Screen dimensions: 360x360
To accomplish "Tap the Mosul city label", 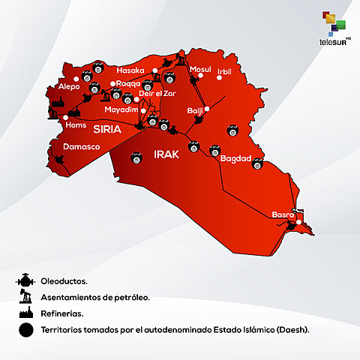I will pyautogui.click(x=201, y=70).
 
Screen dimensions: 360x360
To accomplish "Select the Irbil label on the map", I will pyautogui.click(x=224, y=72).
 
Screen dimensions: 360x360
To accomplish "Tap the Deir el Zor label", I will pyautogui.click(x=153, y=94).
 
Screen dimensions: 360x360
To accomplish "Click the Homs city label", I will pyautogui.click(x=76, y=125).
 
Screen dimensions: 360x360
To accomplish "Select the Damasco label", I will pyautogui.click(x=82, y=147).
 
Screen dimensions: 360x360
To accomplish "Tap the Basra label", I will pyautogui.click(x=283, y=214).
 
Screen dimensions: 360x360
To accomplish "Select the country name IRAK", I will pyautogui.click(x=166, y=154).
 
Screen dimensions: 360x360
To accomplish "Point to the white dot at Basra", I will pyautogui.click(x=298, y=222).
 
